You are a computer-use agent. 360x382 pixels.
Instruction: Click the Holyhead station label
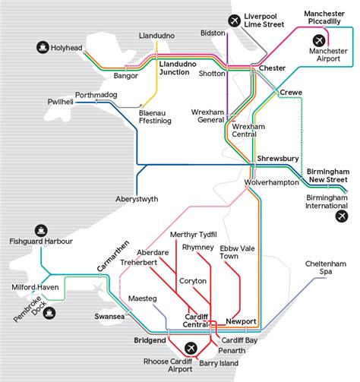pos(68,47)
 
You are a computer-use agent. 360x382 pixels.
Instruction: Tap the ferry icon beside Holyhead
pos(42,47)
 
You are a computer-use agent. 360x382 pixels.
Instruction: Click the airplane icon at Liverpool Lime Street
pos(233,19)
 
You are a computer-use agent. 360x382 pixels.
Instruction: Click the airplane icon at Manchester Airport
pos(319,39)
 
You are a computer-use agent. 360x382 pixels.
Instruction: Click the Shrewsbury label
pos(279,158)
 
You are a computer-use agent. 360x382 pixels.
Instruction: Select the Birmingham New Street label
pos(328,176)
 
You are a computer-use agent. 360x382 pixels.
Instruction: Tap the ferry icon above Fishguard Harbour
pos(41,228)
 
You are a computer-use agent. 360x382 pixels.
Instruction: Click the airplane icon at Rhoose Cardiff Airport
pos(190,348)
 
